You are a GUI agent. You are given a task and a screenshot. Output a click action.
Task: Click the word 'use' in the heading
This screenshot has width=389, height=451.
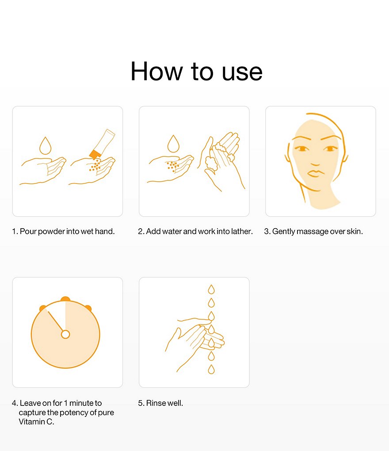242,72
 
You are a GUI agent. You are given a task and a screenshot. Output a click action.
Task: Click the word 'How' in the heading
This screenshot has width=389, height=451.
156,71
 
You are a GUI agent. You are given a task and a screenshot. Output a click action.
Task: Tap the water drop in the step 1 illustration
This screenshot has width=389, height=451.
45,145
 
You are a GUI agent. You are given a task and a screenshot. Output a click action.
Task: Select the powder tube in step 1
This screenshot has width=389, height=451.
102,144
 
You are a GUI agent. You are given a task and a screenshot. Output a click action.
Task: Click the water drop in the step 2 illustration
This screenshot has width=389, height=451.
173,143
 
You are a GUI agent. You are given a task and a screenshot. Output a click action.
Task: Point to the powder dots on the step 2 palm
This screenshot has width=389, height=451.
172,166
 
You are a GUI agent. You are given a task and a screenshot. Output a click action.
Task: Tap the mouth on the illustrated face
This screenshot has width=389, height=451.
315,173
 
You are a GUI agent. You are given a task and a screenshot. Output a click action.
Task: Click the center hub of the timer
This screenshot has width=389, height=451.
65,335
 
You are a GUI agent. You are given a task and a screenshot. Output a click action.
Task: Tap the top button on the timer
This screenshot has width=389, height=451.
65,299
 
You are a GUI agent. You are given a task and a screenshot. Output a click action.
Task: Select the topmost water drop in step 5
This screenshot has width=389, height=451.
211,289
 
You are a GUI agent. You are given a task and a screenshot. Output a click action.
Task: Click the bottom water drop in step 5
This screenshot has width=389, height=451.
211,369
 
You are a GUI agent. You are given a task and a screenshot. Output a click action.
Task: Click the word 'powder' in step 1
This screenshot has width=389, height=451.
51,232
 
